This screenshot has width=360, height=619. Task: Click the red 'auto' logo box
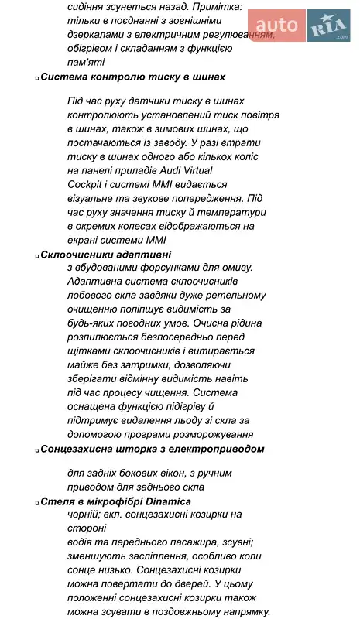click(276, 26)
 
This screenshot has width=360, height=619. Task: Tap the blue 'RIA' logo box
click(328, 26)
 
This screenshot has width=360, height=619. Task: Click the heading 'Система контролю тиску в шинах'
click(132, 77)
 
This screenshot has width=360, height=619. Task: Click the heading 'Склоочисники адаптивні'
click(106, 254)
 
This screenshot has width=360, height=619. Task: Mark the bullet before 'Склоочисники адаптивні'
click(36, 255)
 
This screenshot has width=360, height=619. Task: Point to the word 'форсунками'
click(158, 267)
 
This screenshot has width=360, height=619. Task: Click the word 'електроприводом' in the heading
click(217, 448)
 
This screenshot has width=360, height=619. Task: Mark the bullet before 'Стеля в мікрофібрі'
click(36, 501)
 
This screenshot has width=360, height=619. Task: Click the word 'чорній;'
click(86, 515)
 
